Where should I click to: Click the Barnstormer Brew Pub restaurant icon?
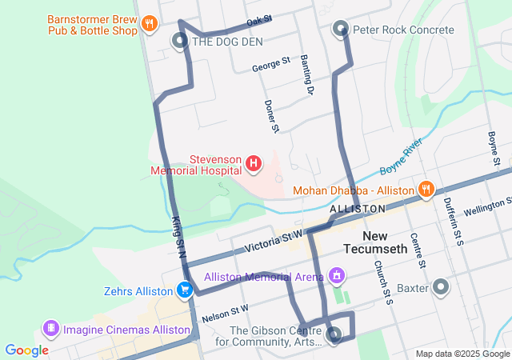(x=148, y=24)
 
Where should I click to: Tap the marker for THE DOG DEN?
(x=180, y=40)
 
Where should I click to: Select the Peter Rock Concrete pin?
(x=340, y=30)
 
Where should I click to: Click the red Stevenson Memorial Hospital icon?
(x=254, y=164)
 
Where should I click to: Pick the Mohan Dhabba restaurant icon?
(x=426, y=190)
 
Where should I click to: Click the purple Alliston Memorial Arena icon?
(x=338, y=277)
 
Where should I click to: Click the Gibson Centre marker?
(x=334, y=336)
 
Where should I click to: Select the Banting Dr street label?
(x=306, y=75)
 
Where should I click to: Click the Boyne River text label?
(x=402, y=152)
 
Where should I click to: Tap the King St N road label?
(x=178, y=236)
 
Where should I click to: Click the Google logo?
(x=26, y=350)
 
